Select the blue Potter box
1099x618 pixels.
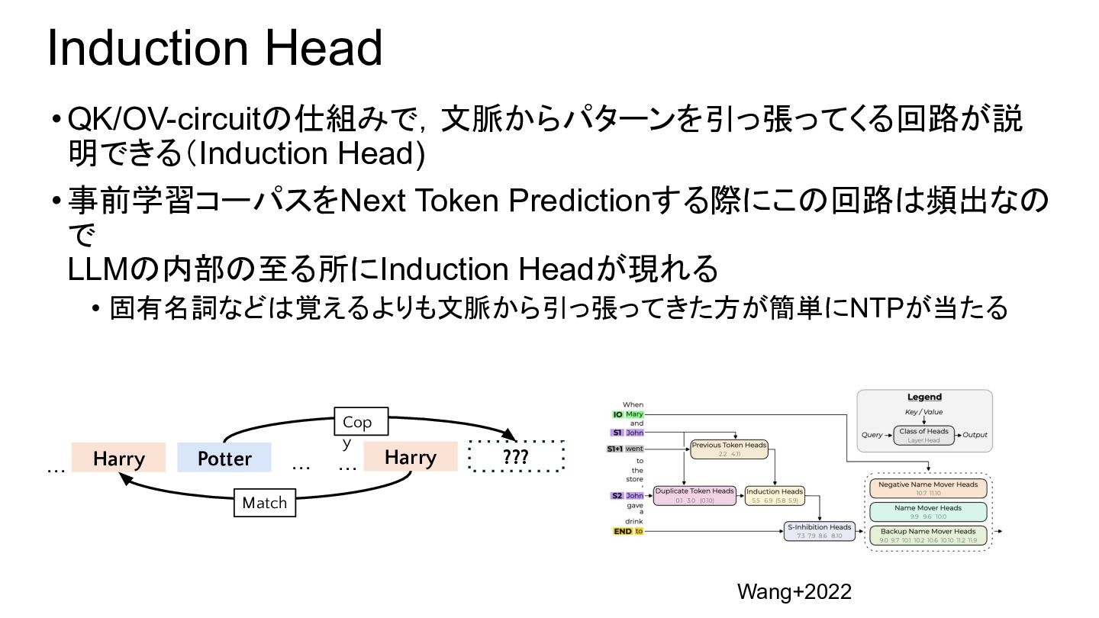tap(224, 458)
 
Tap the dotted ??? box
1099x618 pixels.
tap(516, 457)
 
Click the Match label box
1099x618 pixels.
tap(264, 503)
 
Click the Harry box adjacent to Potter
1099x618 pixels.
tap(118, 458)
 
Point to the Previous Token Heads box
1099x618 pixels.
tap(729, 449)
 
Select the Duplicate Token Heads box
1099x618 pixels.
tap(695, 495)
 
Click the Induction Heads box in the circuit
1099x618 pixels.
tap(774, 495)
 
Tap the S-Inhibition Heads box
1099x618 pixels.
tap(819, 531)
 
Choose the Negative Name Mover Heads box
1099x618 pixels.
tap(928, 488)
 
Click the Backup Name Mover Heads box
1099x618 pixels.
tap(928, 535)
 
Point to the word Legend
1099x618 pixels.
tap(924, 397)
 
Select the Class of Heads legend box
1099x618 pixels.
tap(923, 435)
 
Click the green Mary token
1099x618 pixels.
tap(635, 414)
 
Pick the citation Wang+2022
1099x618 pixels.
tap(794, 591)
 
